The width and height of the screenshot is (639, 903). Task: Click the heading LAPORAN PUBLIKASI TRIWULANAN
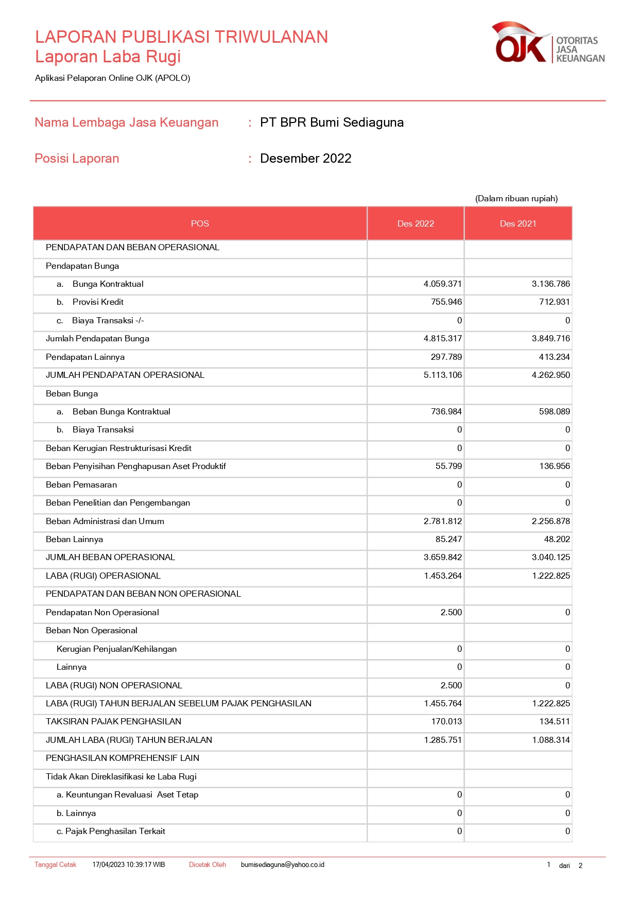pyautogui.click(x=181, y=37)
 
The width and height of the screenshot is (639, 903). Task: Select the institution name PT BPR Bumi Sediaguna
pyautogui.click(x=332, y=123)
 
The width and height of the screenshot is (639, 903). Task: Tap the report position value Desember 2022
pyautogui.click(x=305, y=159)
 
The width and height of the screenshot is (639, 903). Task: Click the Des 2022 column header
pyautogui.click(x=416, y=223)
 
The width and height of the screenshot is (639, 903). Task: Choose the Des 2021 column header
pyautogui.click(x=518, y=223)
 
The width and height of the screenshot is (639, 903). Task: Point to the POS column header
pyautogui.click(x=200, y=223)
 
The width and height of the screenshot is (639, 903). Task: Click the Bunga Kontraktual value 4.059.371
pyautogui.click(x=442, y=284)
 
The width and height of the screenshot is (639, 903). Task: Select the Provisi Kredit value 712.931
pyautogui.click(x=554, y=302)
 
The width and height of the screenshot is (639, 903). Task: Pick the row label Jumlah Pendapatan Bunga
pyautogui.click(x=97, y=339)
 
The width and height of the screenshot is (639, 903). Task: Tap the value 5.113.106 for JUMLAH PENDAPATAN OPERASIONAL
pyautogui.click(x=442, y=375)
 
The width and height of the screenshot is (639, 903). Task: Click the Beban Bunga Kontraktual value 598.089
pyautogui.click(x=554, y=412)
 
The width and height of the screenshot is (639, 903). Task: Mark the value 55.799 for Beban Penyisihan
pyautogui.click(x=448, y=466)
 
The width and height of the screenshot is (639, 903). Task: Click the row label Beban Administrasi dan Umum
pyautogui.click(x=105, y=522)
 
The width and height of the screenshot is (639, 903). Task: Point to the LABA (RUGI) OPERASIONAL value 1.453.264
pyautogui.click(x=442, y=576)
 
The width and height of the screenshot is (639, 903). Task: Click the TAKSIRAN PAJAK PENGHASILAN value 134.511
pyautogui.click(x=554, y=722)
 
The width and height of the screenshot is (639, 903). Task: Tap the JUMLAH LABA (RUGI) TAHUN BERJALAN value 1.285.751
pyautogui.click(x=442, y=740)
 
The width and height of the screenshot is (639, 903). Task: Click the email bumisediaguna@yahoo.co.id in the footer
pyautogui.click(x=282, y=865)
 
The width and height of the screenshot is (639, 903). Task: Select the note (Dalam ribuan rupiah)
pyautogui.click(x=516, y=199)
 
